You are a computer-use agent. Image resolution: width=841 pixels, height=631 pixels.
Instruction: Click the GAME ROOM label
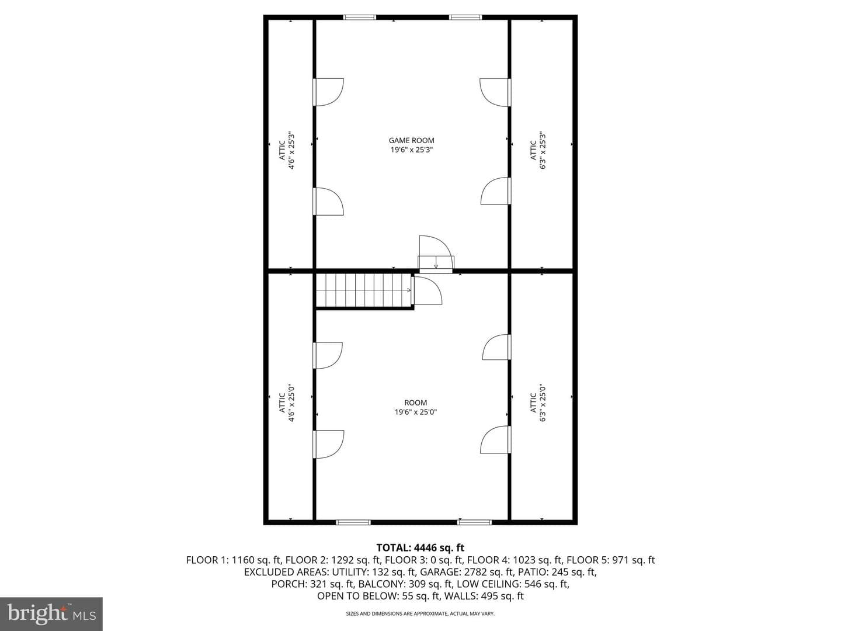point(412,141)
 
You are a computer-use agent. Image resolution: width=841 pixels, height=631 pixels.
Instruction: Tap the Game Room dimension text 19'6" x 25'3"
point(412,150)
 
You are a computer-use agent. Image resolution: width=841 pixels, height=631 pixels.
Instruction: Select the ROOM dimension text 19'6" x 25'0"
point(416,412)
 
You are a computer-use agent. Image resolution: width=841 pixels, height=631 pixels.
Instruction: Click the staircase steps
point(364,290)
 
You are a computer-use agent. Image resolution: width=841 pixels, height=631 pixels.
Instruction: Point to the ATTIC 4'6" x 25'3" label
point(287,150)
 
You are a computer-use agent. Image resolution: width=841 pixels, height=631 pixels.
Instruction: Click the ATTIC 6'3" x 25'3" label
point(537,150)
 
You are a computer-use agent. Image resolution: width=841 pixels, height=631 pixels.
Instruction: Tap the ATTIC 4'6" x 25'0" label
point(287,403)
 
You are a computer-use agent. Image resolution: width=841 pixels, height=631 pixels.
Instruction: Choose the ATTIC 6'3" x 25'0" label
point(537,403)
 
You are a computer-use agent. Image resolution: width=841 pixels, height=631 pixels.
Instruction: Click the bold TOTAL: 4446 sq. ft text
point(420,547)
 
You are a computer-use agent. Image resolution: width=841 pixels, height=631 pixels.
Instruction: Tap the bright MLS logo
point(51,613)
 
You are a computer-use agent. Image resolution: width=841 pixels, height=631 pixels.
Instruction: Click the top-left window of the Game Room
point(359,18)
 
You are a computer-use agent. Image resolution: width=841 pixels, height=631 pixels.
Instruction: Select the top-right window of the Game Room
point(465,18)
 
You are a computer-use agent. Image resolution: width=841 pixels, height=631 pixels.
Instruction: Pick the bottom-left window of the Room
point(353,522)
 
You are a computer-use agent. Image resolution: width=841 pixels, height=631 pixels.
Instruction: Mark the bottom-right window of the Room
point(474,522)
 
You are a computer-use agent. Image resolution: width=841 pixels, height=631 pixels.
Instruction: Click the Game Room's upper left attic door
point(328,92)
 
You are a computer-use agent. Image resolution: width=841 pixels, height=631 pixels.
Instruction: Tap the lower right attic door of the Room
point(496,439)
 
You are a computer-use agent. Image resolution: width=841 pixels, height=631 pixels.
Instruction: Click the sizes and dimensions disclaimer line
point(420,613)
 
